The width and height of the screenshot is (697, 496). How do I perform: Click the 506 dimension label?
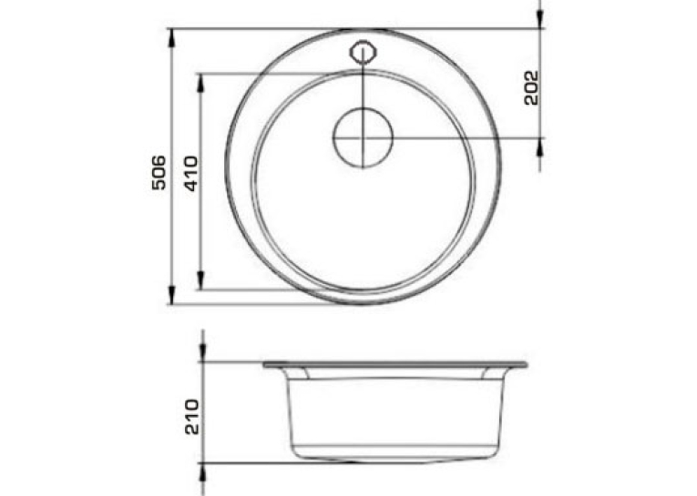159,173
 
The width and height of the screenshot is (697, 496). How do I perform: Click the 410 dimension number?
191,174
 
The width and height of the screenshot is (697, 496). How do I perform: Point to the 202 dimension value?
531,87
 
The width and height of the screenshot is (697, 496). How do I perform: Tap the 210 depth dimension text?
192,417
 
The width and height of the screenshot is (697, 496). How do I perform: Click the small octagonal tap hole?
364,52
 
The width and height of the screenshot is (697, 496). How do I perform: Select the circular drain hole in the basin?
364,137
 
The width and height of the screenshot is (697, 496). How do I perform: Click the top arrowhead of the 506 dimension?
171,37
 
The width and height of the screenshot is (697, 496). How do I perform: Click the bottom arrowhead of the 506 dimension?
171,295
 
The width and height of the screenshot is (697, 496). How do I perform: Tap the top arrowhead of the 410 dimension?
200,83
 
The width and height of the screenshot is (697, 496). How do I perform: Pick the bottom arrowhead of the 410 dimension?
200,280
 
